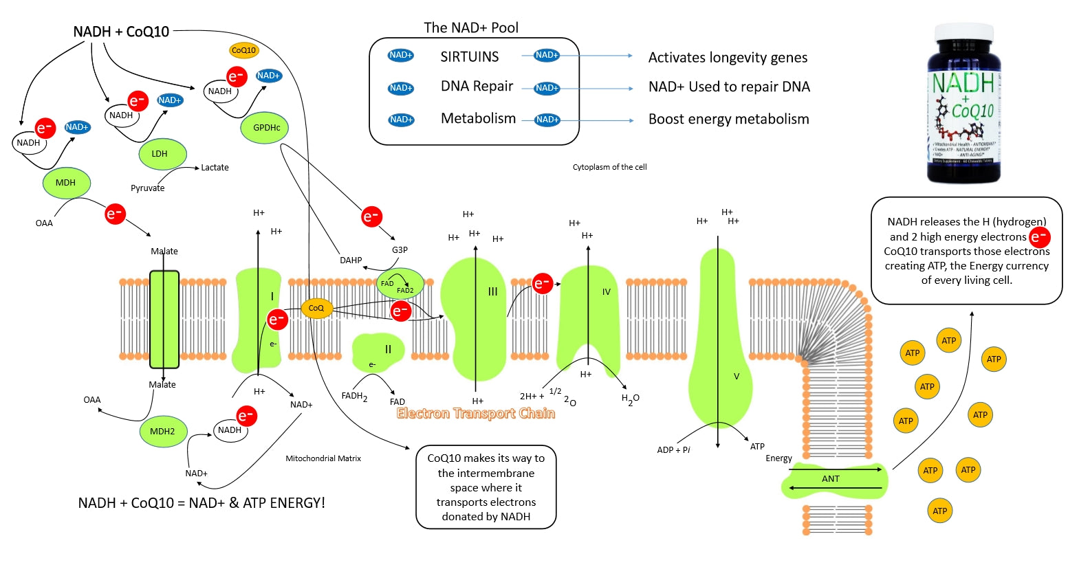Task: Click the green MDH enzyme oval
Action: (66, 183)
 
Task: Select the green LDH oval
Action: (160, 154)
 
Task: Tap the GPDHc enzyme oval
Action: (266, 128)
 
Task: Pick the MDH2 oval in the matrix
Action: (162, 432)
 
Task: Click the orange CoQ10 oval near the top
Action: (243, 50)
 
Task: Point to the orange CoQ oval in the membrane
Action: (316, 309)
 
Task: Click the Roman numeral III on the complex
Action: (492, 291)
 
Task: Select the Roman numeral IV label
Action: (606, 292)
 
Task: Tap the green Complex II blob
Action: (375, 352)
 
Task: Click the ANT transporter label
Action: (831, 479)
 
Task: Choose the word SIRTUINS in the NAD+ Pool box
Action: (470, 57)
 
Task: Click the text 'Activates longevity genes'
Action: (728, 58)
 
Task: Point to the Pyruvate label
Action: (148, 188)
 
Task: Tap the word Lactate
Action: (215, 168)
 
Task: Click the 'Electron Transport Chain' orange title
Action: (476, 413)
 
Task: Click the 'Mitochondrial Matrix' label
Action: (323, 458)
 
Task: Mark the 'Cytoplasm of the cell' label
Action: (609, 167)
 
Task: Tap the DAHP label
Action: (351, 260)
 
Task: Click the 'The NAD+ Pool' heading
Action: (471, 28)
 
